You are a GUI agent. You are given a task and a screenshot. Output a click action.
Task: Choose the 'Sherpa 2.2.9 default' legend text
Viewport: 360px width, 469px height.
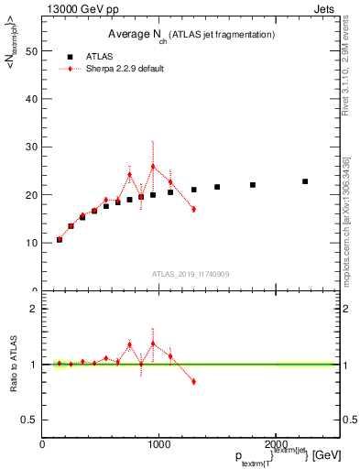[131, 69]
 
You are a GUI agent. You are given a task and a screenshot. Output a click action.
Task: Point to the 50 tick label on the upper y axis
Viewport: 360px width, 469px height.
[31, 51]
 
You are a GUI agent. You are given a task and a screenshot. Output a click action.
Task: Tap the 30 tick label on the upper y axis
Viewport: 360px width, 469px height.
[31, 147]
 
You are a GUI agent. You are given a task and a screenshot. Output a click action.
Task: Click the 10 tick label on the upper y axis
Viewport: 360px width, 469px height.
[31, 243]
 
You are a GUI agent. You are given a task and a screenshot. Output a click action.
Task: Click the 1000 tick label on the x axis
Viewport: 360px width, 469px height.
[158, 443]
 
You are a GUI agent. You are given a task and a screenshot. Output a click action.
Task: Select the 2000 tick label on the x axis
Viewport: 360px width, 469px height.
[275, 443]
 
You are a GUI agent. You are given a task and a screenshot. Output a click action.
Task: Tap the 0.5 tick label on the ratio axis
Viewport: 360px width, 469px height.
[28, 420]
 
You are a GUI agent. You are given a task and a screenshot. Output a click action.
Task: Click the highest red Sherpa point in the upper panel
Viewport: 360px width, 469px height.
[153, 167]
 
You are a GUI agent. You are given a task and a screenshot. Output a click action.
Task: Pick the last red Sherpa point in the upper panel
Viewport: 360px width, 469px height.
[193, 209]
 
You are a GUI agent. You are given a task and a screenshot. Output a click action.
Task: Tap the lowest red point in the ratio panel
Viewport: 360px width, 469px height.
[193, 381]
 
